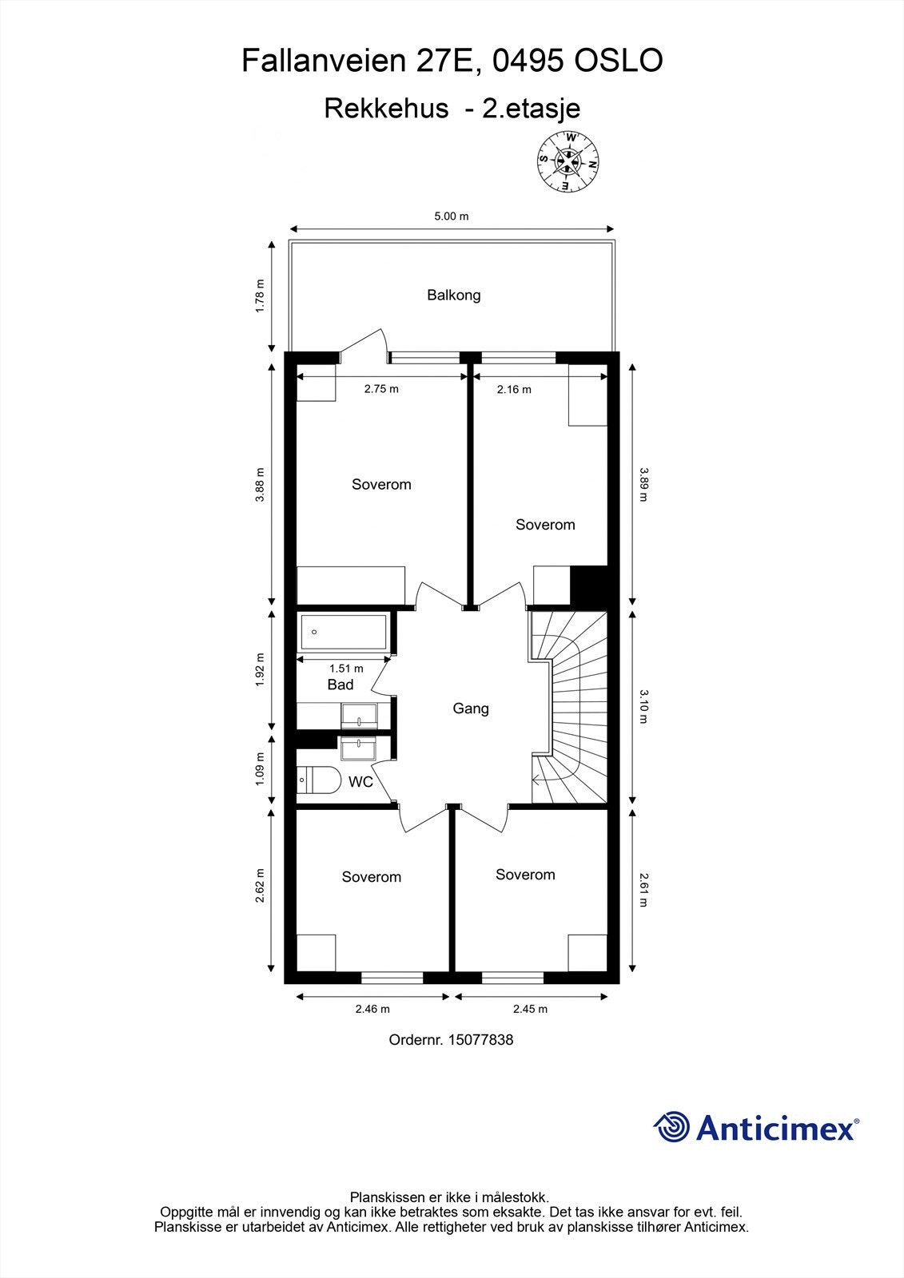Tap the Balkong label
pos(453,295)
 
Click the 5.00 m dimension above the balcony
pos(451,216)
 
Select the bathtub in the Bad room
pos(344,632)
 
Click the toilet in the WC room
pos(317,779)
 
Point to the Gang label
pos(470,708)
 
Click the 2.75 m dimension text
pos(380,389)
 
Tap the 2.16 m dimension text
pos(513,389)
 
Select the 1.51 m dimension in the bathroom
pos(345,669)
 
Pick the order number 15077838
pos(480,1040)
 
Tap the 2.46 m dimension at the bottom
pos(372,1009)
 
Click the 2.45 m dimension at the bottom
pos(530,1009)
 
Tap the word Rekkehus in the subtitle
pos(386,108)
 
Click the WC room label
pos(360,782)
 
